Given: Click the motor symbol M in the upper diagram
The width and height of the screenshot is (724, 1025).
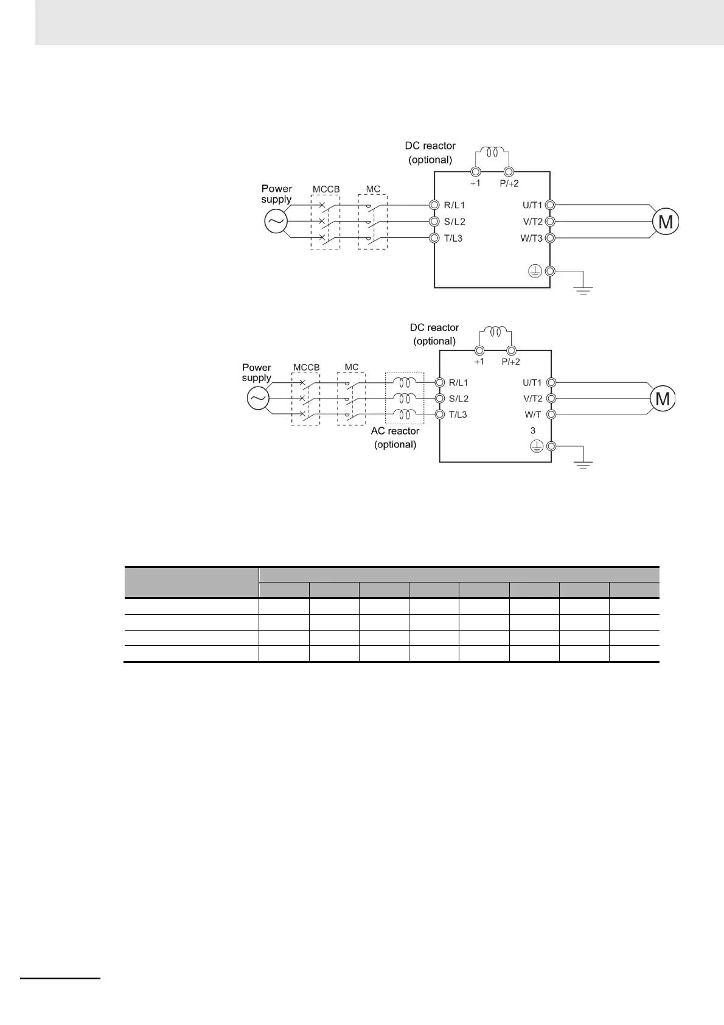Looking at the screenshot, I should click(x=666, y=222).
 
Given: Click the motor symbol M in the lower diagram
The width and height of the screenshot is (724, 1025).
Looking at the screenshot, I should click(x=663, y=399).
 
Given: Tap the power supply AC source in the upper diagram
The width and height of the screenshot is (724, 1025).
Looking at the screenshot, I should click(x=276, y=222).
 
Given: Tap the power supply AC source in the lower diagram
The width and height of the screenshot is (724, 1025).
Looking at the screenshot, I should click(x=258, y=399).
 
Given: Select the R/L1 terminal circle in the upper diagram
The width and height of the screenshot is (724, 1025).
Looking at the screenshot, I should click(x=434, y=205).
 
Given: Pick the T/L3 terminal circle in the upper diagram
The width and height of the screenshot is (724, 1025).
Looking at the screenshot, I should click(x=434, y=238).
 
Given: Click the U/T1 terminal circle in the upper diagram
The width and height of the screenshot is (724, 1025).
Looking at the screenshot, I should click(x=550, y=205).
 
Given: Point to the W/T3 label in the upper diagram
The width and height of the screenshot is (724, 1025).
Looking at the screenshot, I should click(x=531, y=238).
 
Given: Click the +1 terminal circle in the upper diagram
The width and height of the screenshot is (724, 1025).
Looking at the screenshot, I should click(x=476, y=172).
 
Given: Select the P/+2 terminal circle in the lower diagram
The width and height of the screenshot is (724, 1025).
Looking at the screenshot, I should click(x=511, y=351).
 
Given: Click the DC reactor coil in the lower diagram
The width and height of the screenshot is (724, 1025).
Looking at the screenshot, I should click(x=495, y=332).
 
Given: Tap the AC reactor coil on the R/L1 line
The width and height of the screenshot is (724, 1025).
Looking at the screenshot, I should click(x=404, y=382).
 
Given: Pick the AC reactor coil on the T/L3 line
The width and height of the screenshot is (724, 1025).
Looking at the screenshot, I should click(x=404, y=415).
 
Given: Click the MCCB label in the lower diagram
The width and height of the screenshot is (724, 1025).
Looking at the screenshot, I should click(x=306, y=367).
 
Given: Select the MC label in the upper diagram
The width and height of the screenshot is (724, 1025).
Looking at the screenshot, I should click(x=373, y=189).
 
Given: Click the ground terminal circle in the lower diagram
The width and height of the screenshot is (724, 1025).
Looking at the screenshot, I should click(x=551, y=446).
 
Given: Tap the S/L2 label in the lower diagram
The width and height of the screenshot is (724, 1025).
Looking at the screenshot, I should click(x=459, y=399).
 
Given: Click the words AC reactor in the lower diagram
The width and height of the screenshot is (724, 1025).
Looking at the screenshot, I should click(x=395, y=431).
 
